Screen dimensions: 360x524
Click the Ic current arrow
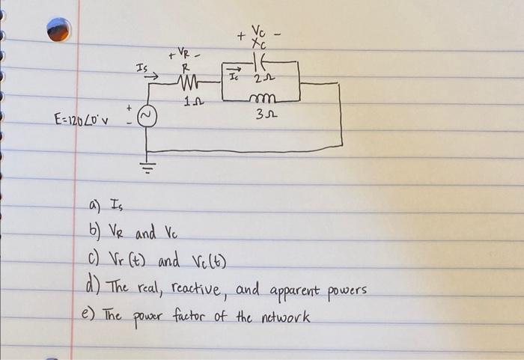[x=232, y=73]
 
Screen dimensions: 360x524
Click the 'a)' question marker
[x=94, y=204]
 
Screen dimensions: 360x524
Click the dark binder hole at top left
[x=60, y=28]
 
